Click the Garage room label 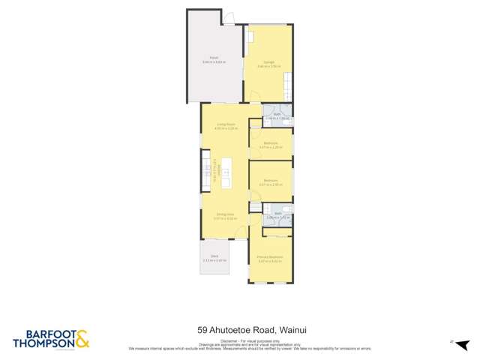(268, 61)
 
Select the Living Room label (226, 124)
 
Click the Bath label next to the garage (277, 114)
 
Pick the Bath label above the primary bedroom (277, 214)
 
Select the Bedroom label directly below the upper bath (270, 143)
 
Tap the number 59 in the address (202, 328)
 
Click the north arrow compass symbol (451, 342)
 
